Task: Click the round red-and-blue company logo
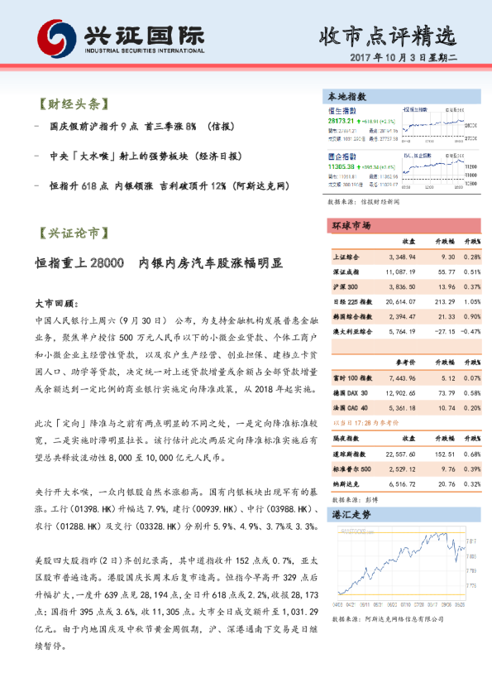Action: [55, 40]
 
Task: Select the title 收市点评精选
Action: [387, 36]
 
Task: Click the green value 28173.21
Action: [341, 121]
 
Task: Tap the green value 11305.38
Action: [341, 166]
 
